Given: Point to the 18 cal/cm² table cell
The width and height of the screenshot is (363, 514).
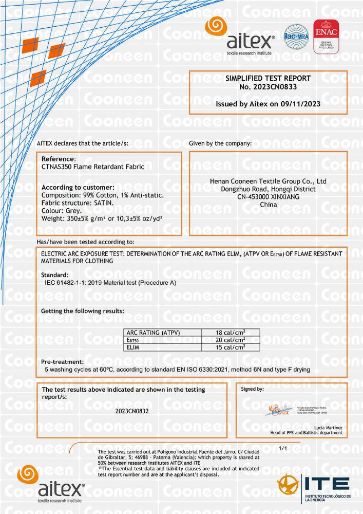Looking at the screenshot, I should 231,333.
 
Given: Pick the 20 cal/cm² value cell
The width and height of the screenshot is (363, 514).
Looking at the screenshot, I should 231,340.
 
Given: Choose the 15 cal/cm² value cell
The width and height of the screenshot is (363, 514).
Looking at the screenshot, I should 231,347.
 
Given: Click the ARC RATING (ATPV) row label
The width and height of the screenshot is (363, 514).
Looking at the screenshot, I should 154,333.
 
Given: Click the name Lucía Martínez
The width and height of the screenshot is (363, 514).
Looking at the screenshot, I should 327,428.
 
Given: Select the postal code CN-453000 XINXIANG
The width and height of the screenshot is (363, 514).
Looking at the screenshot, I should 268,197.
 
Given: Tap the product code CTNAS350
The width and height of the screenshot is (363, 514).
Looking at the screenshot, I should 58,167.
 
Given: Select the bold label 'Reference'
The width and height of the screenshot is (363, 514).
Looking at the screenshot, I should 58,159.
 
